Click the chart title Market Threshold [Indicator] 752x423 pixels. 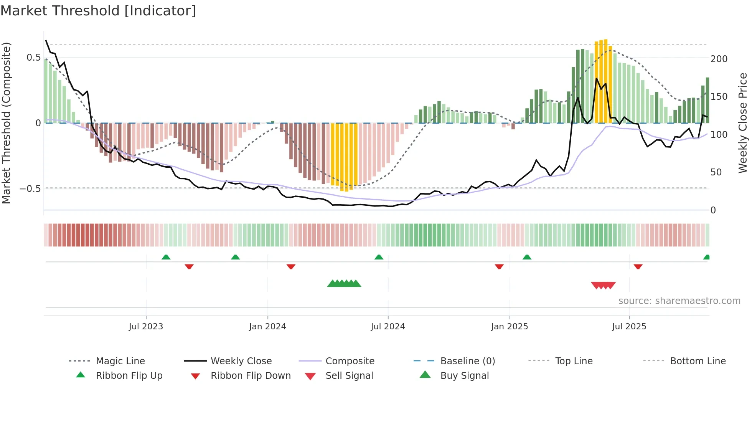pos(98,11)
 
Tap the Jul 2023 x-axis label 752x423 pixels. pos(146,327)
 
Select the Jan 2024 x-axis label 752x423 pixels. pos(267,327)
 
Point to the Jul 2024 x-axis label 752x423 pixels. pos(388,327)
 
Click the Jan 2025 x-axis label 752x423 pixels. pos(510,327)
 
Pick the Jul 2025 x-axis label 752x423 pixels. pos(629,327)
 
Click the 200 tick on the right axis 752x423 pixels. pos(719,59)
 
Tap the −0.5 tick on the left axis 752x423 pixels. pos(30,189)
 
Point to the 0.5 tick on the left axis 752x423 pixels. pos(33,58)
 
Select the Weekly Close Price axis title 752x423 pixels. pos(743,123)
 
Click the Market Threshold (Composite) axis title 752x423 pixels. pos(6,123)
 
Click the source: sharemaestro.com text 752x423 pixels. pos(679,301)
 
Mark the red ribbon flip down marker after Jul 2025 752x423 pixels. pos(638,266)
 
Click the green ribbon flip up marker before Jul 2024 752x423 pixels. pos(379,257)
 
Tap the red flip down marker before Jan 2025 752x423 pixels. pos(499,266)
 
